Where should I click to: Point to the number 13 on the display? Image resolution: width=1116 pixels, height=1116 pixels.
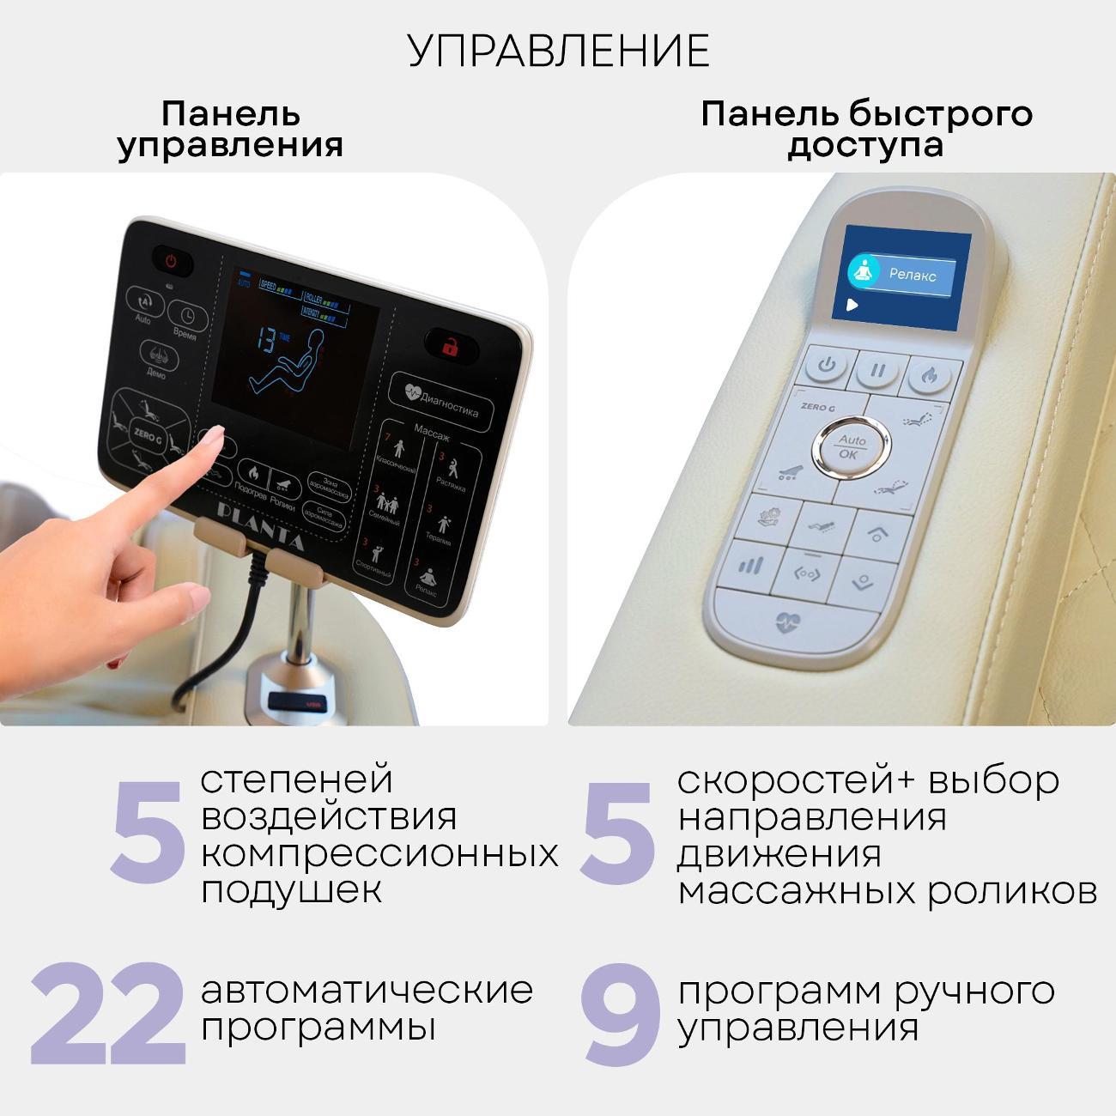[268, 341]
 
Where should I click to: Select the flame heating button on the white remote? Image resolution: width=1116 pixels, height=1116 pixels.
[928, 375]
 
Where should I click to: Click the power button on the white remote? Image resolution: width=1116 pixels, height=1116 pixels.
[827, 366]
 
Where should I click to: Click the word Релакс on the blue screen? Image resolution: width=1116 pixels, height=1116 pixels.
[913, 275]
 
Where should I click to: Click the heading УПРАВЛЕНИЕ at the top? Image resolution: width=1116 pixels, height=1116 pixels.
[558, 51]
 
